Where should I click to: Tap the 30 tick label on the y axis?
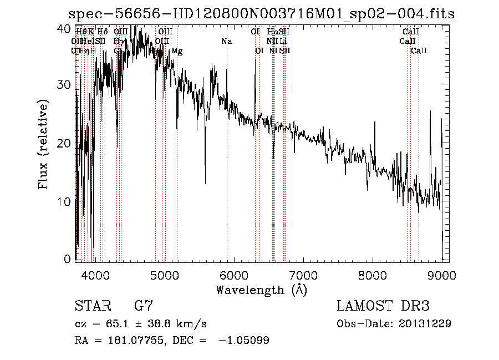coord(64,85)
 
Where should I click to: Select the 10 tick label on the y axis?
coord(64,201)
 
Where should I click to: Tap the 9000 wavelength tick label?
coord(442,275)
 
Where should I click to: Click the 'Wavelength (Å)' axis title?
coord(261,290)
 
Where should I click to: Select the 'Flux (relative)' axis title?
coord(43,144)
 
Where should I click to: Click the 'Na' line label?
coord(226,42)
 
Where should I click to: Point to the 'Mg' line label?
coord(176,51)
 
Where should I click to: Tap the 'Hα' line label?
coord(272,32)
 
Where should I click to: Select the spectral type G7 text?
coord(143,306)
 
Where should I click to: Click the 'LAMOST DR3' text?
coord(383,306)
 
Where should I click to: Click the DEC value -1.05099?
coord(244,341)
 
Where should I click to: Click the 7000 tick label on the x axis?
coord(303,275)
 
